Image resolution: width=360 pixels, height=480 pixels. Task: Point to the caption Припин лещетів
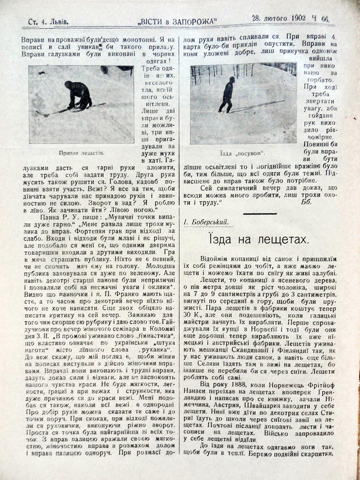click(x=81, y=153)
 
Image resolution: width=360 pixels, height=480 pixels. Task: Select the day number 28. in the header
click(x=256, y=18)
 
